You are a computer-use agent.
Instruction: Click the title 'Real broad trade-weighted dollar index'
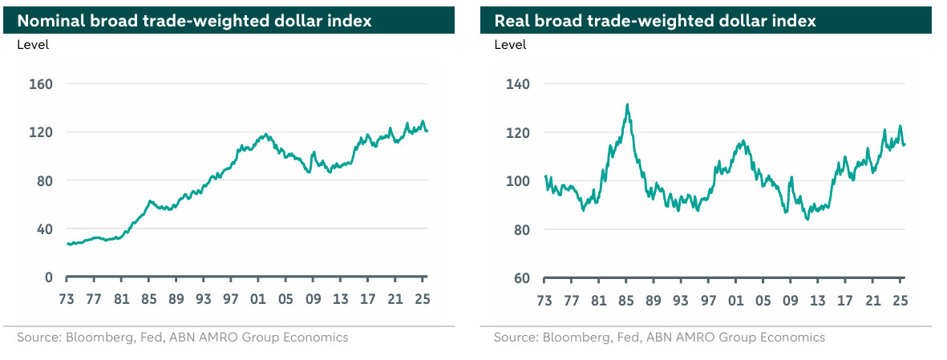[x=655, y=21]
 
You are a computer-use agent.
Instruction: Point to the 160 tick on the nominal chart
[x=42, y=84]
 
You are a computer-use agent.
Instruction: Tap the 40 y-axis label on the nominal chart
[x=45, y=229]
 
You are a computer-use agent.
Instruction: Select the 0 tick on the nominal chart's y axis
[x=49, y=277]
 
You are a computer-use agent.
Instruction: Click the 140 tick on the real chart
[x=518, y=84]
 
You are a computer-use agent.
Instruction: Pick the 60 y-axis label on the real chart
[x=522, y=278]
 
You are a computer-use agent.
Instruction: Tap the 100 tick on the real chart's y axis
[x=518, y=181]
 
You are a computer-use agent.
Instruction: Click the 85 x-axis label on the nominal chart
[x=149, y=300]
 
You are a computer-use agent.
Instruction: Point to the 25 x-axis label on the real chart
[x=900, y=301]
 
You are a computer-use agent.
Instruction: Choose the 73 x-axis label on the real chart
[x=544, y=301]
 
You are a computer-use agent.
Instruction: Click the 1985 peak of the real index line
[x=627, y=104]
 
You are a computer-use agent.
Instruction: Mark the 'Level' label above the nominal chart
[x=33, y=45]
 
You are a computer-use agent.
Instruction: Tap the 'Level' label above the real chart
[x=510, y=45]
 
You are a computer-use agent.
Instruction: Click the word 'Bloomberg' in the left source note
[x=95, y=338]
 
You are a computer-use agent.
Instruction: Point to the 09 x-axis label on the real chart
[x=791, y=301]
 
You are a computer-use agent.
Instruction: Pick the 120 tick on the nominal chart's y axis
[x=42, y=132]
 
